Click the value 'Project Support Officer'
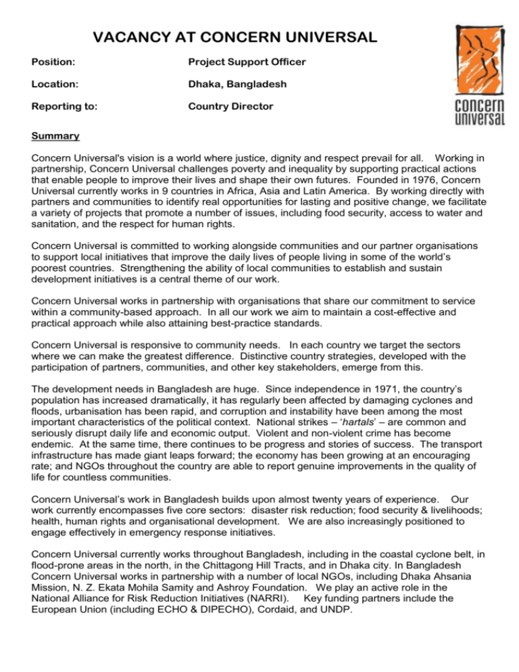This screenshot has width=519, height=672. click(x=247, y=63)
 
